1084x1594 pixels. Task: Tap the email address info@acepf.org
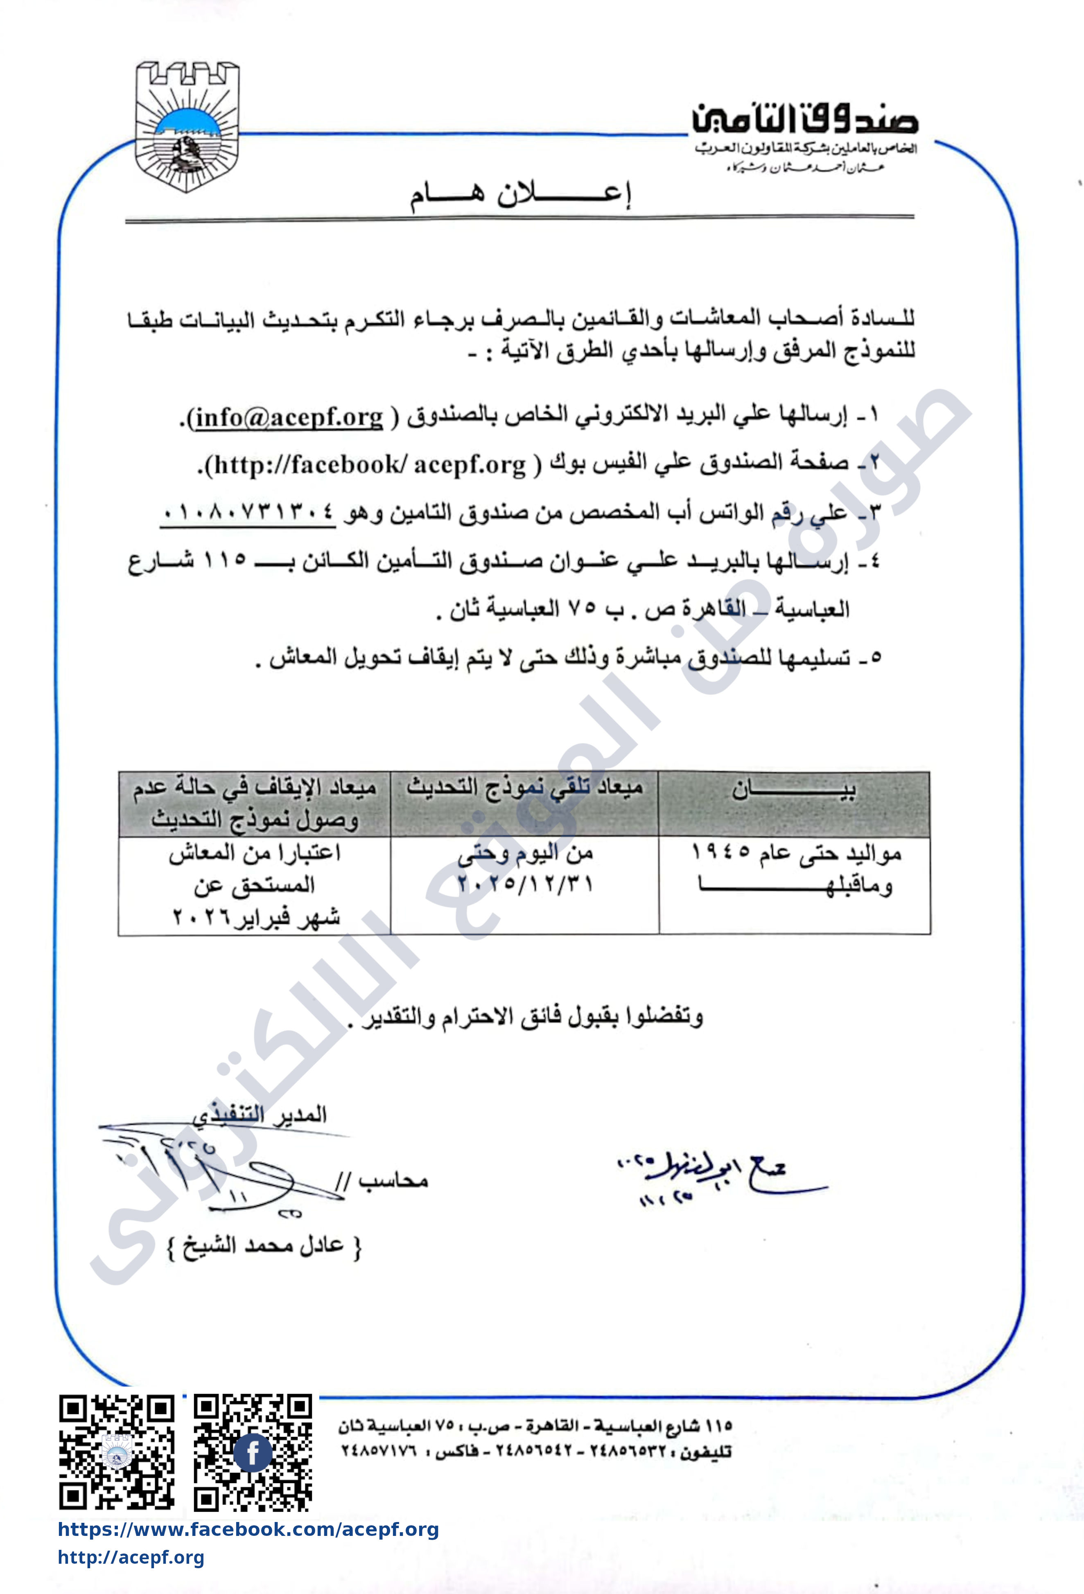click(x=288, y=417)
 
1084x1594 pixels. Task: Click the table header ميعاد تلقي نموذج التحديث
click(x=525, y=788)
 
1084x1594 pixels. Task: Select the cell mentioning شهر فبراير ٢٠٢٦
click(x=255, y=917)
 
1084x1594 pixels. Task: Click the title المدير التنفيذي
click(x=260, y=1114)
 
